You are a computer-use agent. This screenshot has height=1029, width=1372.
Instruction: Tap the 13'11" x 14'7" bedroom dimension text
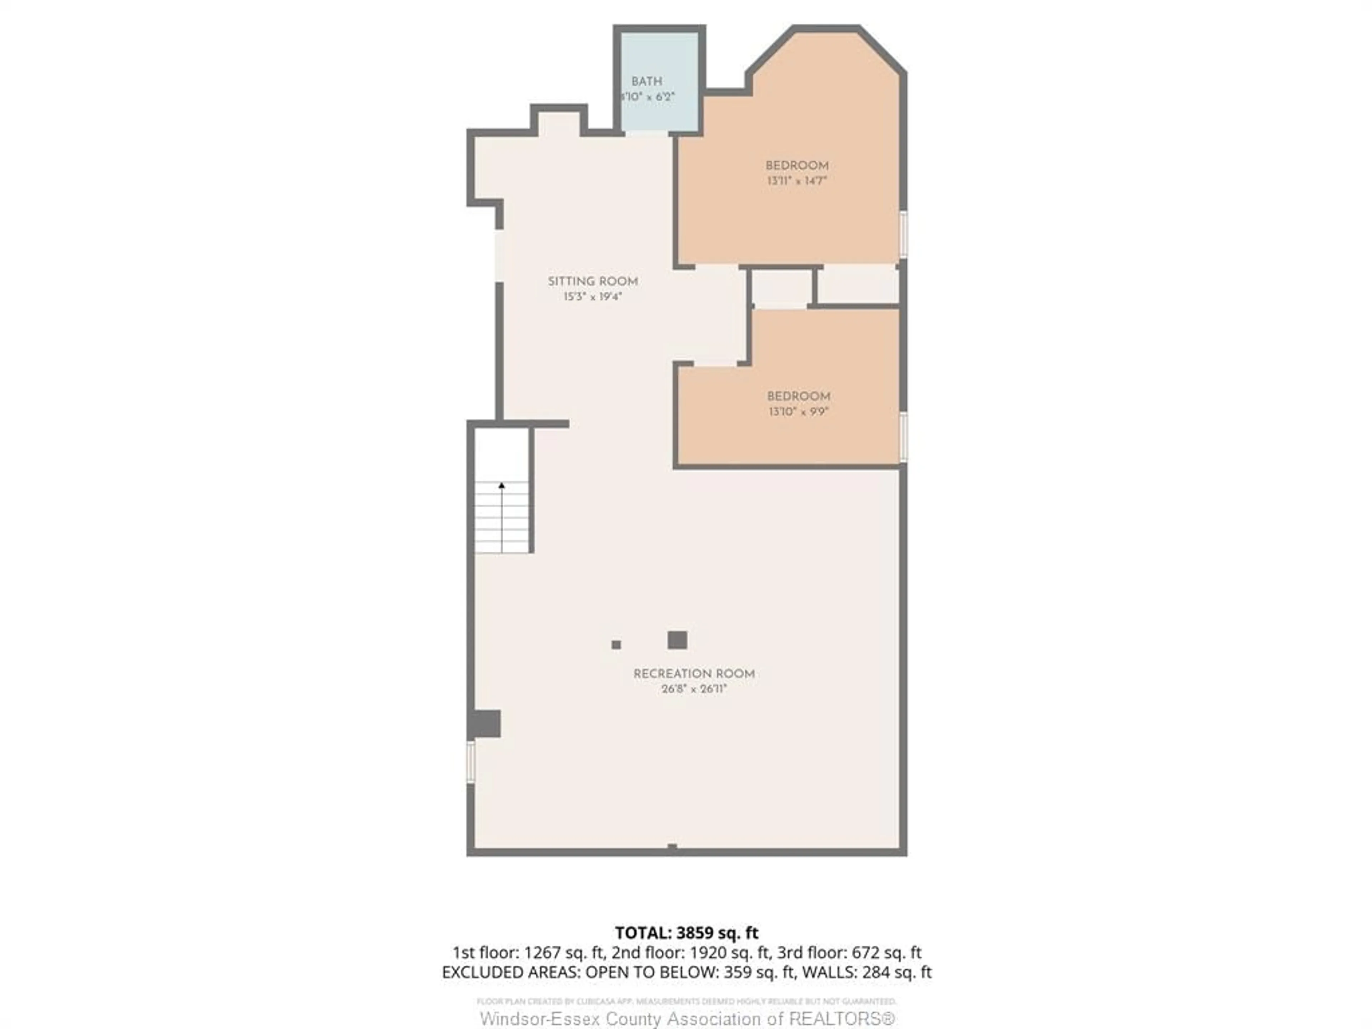[x=797, y=181]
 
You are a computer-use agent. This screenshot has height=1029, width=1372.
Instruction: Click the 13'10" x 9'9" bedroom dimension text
[x=798, y=412]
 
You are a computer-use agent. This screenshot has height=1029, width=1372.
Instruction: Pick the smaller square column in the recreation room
[x=616, y=645]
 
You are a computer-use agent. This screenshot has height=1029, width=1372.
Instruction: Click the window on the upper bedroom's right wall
[x=903, y=234]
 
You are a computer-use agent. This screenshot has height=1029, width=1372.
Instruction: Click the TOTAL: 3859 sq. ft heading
[x=686, y=933]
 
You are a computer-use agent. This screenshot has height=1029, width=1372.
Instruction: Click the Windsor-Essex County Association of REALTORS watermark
[x=687, y=1018]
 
